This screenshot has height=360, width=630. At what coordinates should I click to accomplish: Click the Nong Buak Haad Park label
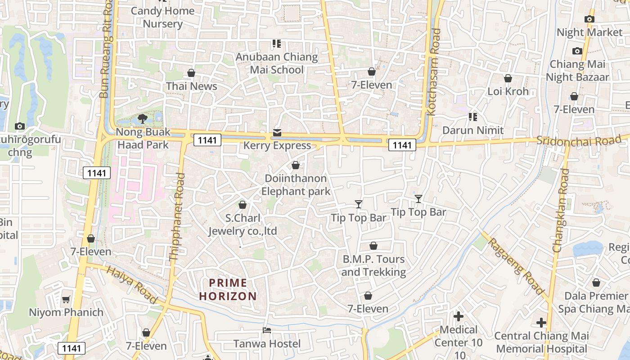tap(143, 139)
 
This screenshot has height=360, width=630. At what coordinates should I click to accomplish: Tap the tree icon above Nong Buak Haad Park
tap(143, 119)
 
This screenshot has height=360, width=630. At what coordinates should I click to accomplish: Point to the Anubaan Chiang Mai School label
tap(277, 63)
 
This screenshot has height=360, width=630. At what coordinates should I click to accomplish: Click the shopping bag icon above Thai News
tap(191, 73)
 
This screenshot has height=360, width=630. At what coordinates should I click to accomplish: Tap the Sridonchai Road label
tap(579, 140)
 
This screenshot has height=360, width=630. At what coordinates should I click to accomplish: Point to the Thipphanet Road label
tap(177, 217)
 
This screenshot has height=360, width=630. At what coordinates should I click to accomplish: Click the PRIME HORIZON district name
tap(228, 290)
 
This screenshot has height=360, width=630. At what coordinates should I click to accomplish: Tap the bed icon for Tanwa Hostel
tap(267, 330)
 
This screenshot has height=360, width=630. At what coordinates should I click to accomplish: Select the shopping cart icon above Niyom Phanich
tap(66, 299)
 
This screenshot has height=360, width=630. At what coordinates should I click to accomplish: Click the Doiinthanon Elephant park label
tap(296, 185)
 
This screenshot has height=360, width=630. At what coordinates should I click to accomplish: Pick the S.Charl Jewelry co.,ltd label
tap(243, 225)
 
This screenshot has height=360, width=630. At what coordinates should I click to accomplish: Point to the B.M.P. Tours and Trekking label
tap(373, 265)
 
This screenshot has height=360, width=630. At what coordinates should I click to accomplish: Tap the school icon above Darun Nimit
tap(472, 117)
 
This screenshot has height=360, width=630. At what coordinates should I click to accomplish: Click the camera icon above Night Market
tap(589, 19)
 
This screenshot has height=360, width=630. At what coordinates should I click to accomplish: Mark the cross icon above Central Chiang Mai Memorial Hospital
tap(541, 323)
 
